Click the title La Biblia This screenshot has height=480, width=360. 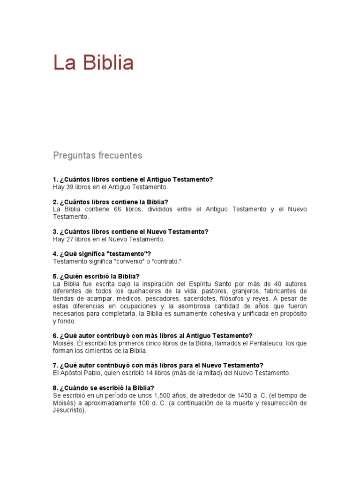click(93, 63)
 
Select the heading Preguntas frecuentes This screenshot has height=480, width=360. click(97, 155)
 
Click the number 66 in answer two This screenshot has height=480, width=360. click(117, 209)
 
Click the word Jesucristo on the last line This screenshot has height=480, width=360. click(69, 410)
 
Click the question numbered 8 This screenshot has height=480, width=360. click(104, 388)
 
